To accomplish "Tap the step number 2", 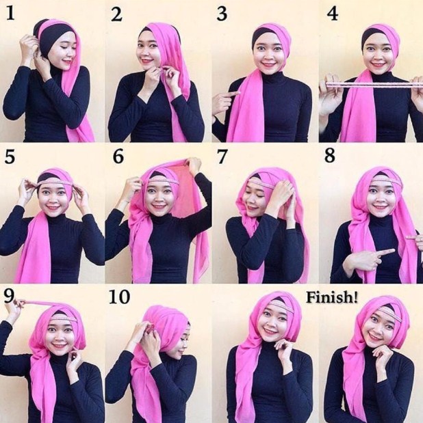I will tap(116, 14).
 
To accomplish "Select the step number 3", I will tap(222, 14).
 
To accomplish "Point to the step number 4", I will tap(332, 14).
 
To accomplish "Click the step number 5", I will tap(10, 157).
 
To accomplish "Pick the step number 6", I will tap(118, 156).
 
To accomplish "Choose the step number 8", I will tap(330, 156).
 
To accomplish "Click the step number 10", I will tap(119, 298).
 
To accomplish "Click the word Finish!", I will tap(333, 297).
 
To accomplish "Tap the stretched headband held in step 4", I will tap(370, 84).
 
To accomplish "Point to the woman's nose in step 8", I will tap(381, 200).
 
